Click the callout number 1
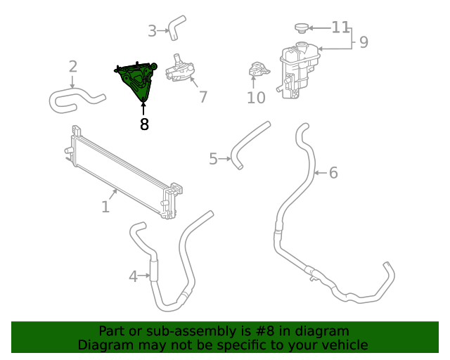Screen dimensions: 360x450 (105, 207)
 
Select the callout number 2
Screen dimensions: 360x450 (72, 67)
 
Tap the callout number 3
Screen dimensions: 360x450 (152, 31)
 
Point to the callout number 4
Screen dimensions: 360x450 (133, 276)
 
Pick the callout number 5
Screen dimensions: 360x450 (213, 159)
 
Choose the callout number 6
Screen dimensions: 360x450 (333, 172)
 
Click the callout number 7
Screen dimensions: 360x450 (202, 97)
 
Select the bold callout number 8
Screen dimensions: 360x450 (144, 124)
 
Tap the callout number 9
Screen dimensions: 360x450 (363, 42)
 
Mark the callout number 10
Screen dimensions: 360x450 (256, 98)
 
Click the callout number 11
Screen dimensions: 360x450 (340, 27)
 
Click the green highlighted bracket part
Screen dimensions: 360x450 (138, 81)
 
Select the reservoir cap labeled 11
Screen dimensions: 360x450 (302, 28)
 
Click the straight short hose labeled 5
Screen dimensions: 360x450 (252, 144)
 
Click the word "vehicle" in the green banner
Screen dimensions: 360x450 (344, 345)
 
